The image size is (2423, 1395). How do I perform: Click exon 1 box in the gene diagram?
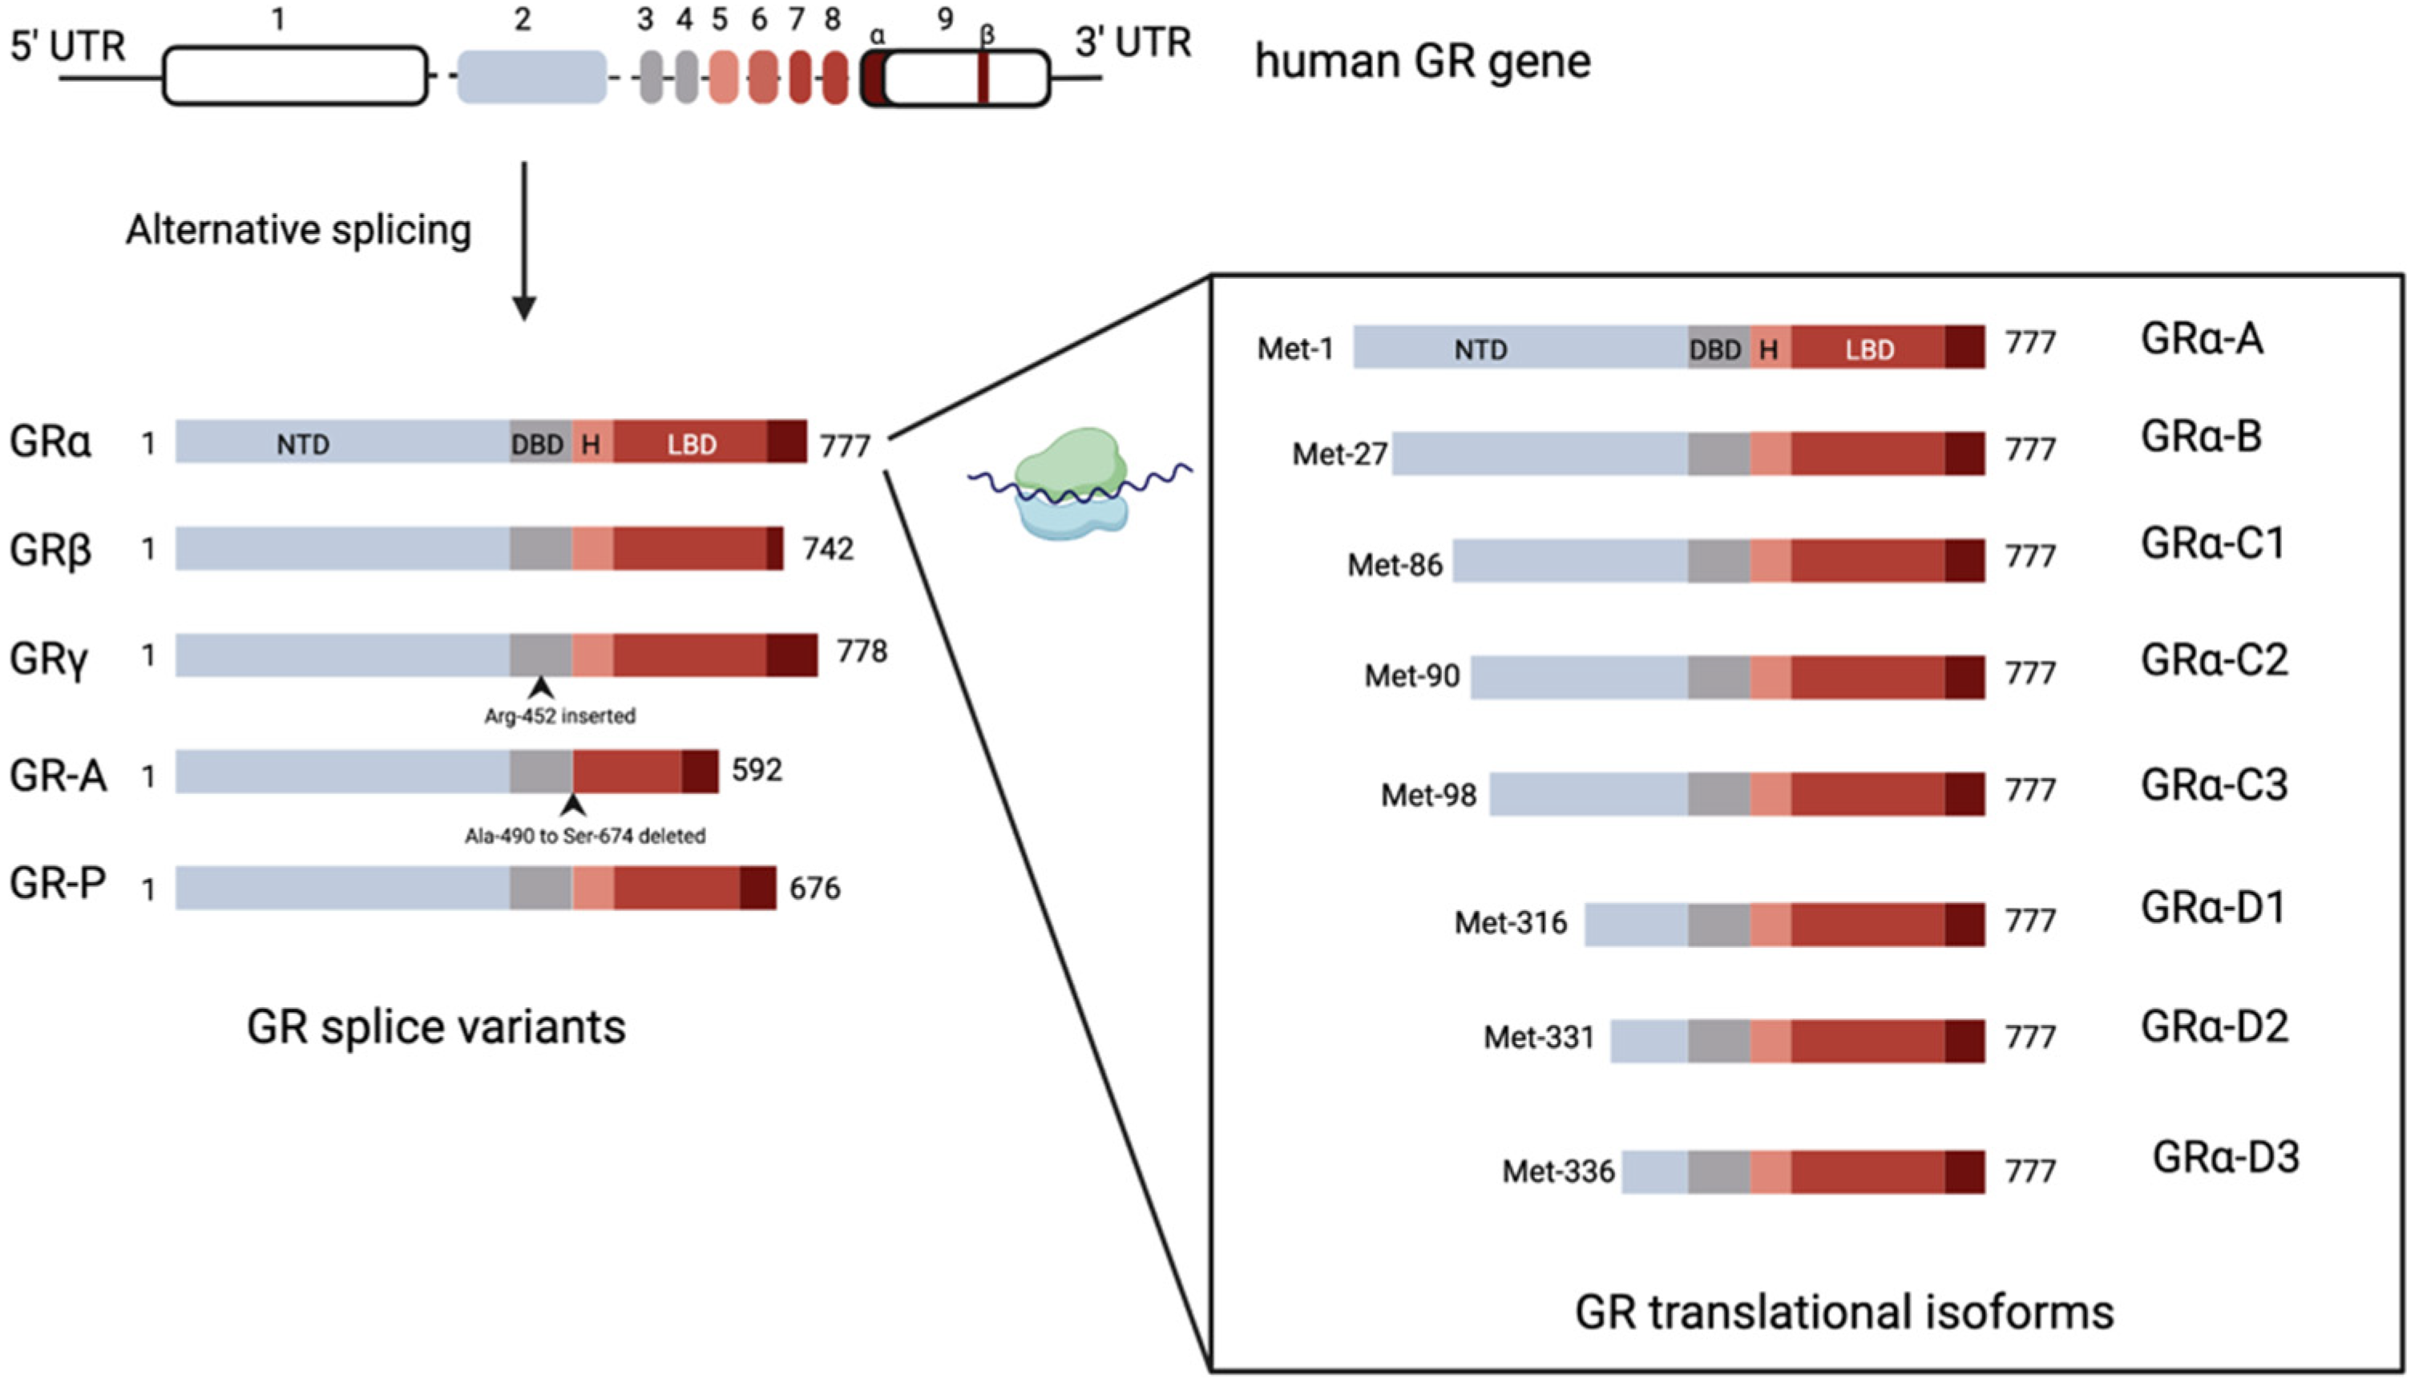click(295, 75)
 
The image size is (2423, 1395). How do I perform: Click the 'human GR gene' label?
click(1423, 62)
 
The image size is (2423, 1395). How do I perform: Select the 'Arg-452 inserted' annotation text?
click(559, 716)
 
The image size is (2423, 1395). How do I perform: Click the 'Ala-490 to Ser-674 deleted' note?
click(585, 837)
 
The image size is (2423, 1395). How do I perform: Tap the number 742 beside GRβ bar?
click(827, 549)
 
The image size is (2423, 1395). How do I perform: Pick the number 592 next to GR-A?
click(757, 770)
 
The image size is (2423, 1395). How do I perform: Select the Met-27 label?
click(1339, 454)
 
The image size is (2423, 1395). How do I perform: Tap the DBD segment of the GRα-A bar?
click(1716, 349)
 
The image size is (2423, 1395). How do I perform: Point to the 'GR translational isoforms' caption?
click(1844, 1312)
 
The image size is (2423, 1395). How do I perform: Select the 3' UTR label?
click(1133, 43)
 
